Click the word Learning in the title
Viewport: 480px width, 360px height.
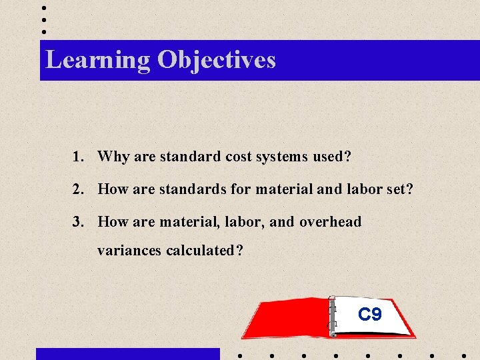click(98, 60)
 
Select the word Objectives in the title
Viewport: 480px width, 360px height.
click(217, 60)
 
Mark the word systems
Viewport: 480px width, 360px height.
click(279, 157)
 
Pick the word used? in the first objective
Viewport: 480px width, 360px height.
click(330, 157)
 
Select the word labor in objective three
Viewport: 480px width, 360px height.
click(241, 222)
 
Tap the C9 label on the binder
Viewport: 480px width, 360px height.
click(369, 314)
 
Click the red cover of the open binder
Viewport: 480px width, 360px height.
click(287, 319)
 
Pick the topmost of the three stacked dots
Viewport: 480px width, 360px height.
click(44, 9)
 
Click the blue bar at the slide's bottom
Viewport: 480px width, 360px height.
click(127, 354)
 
